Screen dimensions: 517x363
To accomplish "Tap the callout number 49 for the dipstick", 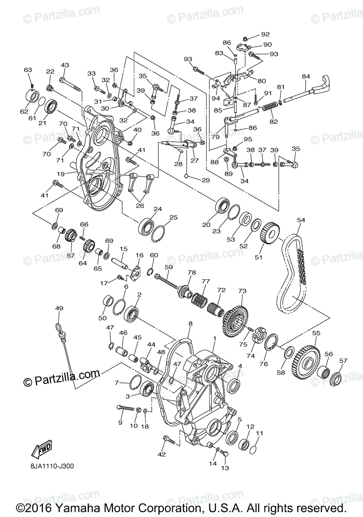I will (59, 308).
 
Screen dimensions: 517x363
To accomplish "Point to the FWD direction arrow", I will (41, 450).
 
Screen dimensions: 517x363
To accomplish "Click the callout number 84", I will (306, 77).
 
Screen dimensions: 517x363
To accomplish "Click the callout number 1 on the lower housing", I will (214, 339).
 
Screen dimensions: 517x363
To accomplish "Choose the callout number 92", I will (265, 34).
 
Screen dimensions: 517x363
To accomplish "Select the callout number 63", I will (28, 70).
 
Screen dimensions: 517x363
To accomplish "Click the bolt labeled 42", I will (169, 440).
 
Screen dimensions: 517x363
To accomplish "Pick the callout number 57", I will (343, 361).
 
